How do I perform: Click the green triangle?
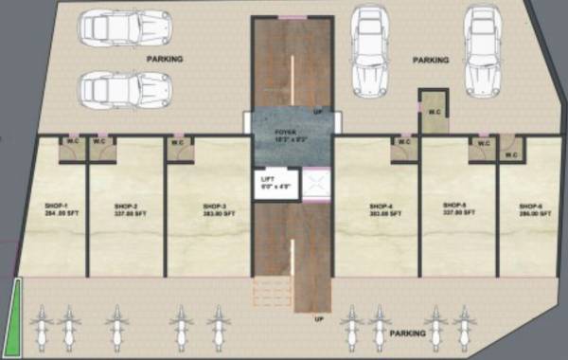pos(13,309)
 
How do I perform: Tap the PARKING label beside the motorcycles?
pos(407,333)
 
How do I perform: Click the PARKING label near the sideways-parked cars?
pos(165,59)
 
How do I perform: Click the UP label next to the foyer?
pos(318,111)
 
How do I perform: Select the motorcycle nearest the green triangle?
pos(40,329)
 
